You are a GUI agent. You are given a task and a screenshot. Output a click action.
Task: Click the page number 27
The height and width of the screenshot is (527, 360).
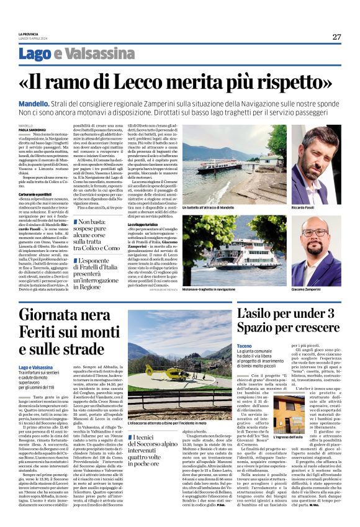pos(336,37)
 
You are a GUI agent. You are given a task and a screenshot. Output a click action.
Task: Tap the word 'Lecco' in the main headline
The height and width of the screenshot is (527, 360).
pos(167,83)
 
